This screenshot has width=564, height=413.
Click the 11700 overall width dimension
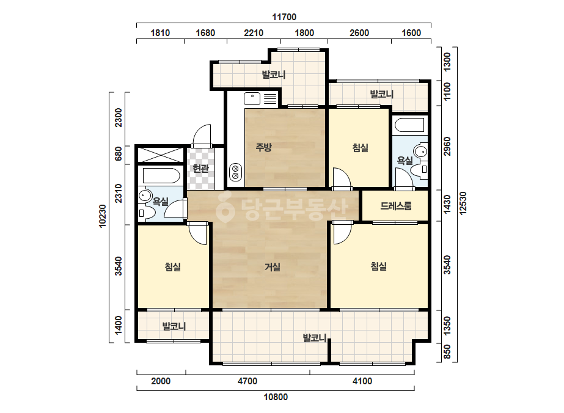(x=284, y=17)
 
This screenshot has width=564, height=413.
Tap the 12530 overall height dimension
(x=463, y=203)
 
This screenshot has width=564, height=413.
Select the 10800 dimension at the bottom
(x=276, y=397)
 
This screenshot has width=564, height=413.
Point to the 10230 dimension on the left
(x=103, y=216)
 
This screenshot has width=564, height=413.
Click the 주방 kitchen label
(x=263, y=147)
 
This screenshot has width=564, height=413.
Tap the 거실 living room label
(x=273, y=267)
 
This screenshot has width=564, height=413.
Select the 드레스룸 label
(x=396, y=206)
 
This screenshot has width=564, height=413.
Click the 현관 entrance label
(x=200, y=168)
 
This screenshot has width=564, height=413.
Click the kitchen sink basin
(x=252, y=98)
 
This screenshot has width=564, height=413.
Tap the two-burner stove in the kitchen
(x=236, y=172)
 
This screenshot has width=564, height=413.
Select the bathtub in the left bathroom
(x=161, y=176)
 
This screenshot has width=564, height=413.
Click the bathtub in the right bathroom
(x=409, y=125)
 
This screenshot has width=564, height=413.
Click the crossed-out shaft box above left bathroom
(x=161, y=155)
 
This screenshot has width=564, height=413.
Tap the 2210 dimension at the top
(x=254, y=33)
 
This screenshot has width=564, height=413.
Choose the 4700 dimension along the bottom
(x=247, y=381)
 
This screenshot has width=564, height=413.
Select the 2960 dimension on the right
(x=447, y=147)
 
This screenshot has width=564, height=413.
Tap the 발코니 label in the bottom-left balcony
(x=174, y=327)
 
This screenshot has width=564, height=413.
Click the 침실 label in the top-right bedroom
(x=360, y=148)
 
